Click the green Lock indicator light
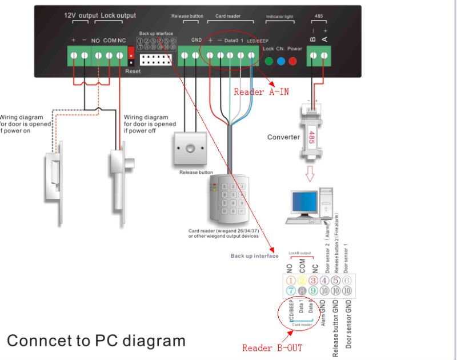pyautogui.click(x=268, y=59)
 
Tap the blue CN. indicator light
pyautogui.click(x=281, y=59)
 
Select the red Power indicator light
pyautogui.click(x=295, y=59)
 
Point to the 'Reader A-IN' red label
pyautogui.click(x=261, y=92)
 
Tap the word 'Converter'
pyautogui.click(x=283, y=137)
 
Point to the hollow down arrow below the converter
pyautogui.click(x=311, y=173)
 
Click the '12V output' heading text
pyautogui.click(x=81, y=15)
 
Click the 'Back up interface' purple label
pyautogui.click(x=254, y=256)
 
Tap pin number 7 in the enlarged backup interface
pyautogui.click(x=291, y=291)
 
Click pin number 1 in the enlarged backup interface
pyautogui.click(x=291, y=281)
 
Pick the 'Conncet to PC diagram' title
pyautogui.click(x=96, y=341)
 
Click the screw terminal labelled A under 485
pyautogui.click(x=324, y=55)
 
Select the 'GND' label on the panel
pyautogui.click(x=196, y=41)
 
